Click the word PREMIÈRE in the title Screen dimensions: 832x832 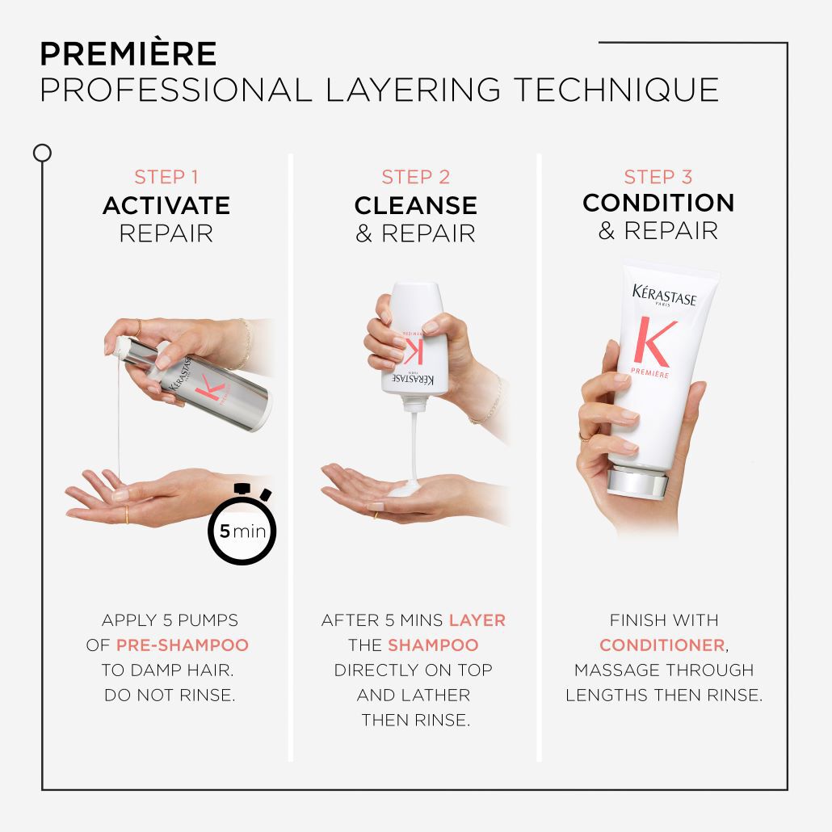pos(128,54)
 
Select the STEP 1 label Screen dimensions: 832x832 pos(166,177)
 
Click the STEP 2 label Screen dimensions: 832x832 pos(415,177)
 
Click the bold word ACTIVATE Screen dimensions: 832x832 pos(166,205)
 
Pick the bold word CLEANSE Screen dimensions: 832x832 pos(415,205)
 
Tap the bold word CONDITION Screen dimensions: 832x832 pos(658,203)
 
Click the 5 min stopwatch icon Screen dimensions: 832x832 pos(242,529)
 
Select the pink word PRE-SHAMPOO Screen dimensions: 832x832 pos(183,645)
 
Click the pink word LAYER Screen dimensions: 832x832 pos(477,620)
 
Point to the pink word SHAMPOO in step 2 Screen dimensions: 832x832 pos(433,645)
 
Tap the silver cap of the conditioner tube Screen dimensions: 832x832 pos(639,483)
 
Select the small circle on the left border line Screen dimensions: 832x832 pos(42,153)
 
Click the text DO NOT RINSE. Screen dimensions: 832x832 pos(170,695)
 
